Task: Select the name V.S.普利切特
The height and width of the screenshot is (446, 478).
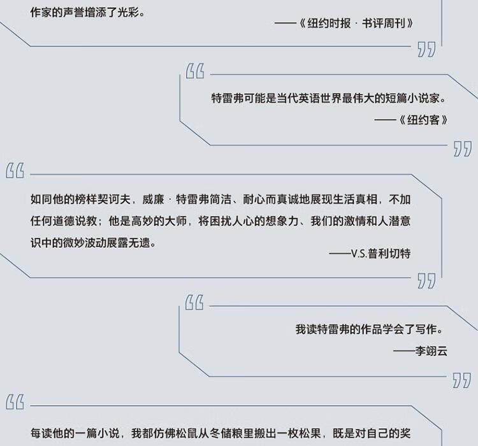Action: coord(380,253)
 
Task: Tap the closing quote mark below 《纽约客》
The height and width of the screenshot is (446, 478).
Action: coord(462,150)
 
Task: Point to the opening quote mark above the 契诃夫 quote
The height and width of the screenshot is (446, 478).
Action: coord(15,171)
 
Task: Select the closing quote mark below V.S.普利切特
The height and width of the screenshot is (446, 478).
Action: coord(426,280)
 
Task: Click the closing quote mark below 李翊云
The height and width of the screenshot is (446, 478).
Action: coord(462,380)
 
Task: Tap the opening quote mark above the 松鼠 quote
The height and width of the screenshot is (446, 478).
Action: coord(15,402)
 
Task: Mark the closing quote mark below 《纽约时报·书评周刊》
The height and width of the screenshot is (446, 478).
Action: coord(426,50)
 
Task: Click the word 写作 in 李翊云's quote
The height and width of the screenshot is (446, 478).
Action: coord(426,329)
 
